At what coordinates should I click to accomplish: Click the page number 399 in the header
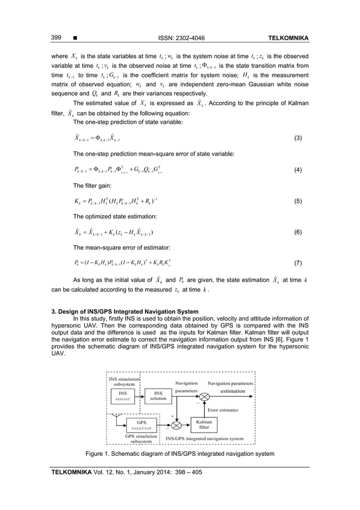click(57, 38)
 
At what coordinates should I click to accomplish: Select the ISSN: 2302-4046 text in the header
click(179, 38)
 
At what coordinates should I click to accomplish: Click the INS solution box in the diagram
click(159, 396)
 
